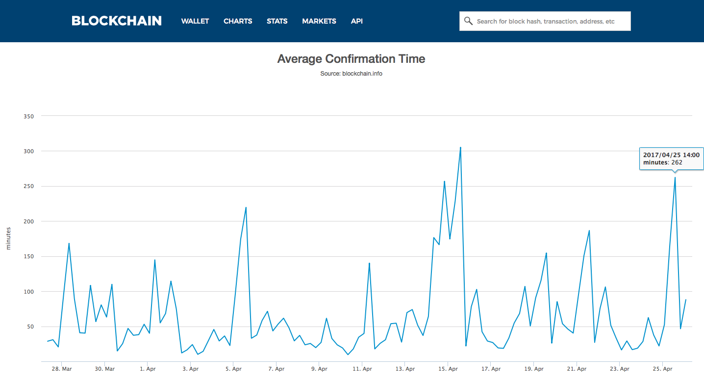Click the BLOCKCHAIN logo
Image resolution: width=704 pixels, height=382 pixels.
coord(117,21)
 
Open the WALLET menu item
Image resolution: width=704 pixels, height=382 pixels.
coord(195,21)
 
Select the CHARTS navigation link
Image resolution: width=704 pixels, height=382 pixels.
coord(238,21)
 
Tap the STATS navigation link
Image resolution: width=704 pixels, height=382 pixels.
coord(277,21)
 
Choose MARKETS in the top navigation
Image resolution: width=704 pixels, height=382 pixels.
coord(319,21)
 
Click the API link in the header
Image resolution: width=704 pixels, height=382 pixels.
coord(357,21)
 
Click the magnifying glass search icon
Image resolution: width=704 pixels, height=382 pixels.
coord(468,21)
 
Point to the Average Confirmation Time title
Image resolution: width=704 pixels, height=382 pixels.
coord(351,59)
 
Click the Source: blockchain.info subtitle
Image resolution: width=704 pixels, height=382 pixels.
coord(351,74)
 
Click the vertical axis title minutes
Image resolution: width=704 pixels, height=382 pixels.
coord(8,239)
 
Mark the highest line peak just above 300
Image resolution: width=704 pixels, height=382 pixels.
coord(460,147)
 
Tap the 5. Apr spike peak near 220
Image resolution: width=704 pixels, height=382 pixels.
coord(246,207)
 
